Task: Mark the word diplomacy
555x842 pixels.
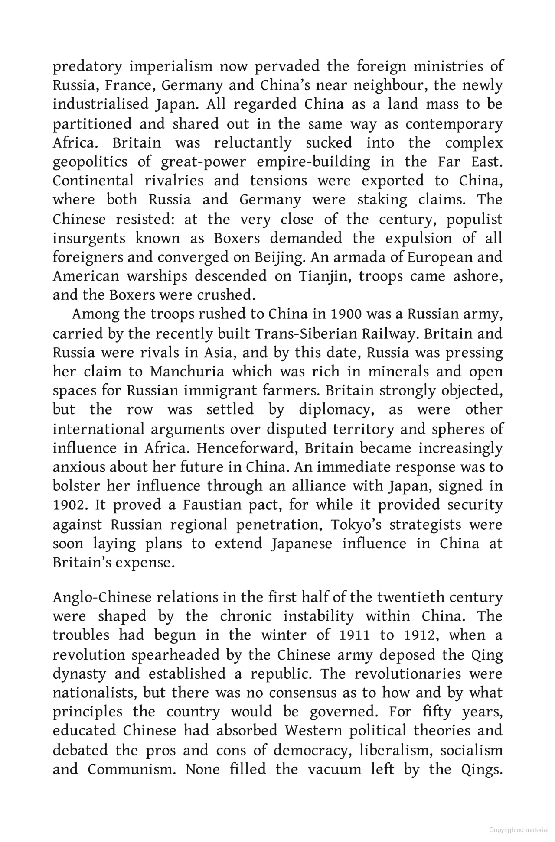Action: [x=336, y=410]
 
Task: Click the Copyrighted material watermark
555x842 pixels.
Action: [x=519, y=830]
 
